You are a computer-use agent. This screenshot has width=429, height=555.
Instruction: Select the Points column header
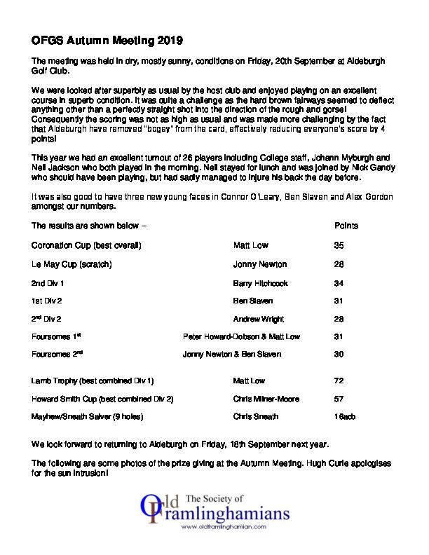point(346,227)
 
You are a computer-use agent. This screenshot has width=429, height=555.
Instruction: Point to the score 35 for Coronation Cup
point(339,246)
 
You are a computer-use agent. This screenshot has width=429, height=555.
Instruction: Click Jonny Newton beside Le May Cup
point(259,265)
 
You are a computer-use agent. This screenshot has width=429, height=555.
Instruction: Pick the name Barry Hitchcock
point(260,283)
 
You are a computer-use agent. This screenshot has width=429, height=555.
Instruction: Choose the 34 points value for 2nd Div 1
point(339,283)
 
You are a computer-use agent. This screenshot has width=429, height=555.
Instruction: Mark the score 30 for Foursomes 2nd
point(339,355)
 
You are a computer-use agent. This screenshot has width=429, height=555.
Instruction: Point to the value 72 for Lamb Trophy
point(339,381)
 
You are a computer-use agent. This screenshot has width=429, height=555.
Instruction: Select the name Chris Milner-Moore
point(266,399)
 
